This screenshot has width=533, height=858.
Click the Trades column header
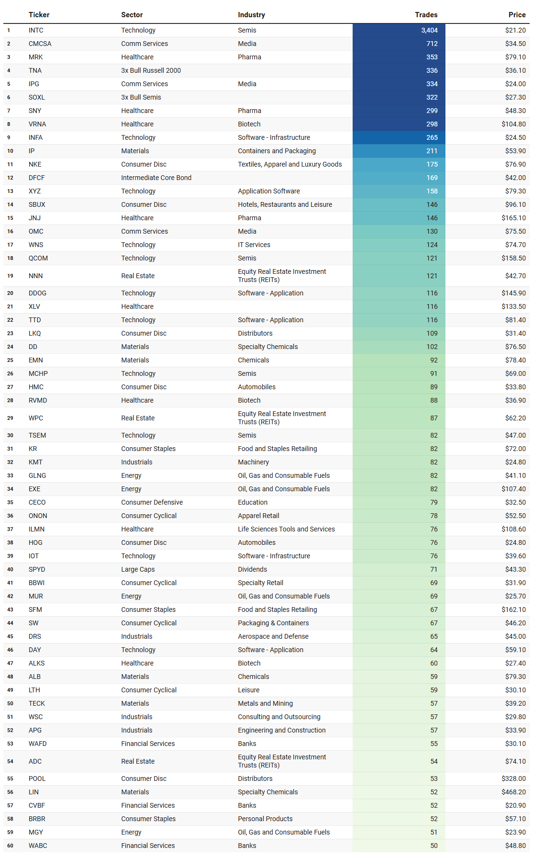[426, 15]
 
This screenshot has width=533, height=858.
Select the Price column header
[517, 15]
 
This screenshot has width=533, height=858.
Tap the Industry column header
[251, 15]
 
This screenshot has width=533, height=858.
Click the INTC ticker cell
[36, 30]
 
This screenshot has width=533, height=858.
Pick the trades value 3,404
[429, 30]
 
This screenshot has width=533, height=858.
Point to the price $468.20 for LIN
[513, 792]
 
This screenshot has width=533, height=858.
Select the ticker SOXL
[36, 97]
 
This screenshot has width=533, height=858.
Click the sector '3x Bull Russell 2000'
[151, 70]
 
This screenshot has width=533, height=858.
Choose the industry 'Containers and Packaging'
[277, 151]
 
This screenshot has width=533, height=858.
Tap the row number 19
[10, 276]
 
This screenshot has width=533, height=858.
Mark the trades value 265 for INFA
[432, 137]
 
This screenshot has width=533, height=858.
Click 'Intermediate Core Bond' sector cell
[156, 178]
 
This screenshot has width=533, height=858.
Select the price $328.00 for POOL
[513, 779]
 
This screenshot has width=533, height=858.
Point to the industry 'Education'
[253, 502]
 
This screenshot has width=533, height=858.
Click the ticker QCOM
[38, 258]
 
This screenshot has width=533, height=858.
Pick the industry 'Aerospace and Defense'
[273, 636]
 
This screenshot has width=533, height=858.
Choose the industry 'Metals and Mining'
[265, 703]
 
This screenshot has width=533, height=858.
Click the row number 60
[10, 846]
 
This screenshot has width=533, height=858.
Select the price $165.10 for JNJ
[513, 218]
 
